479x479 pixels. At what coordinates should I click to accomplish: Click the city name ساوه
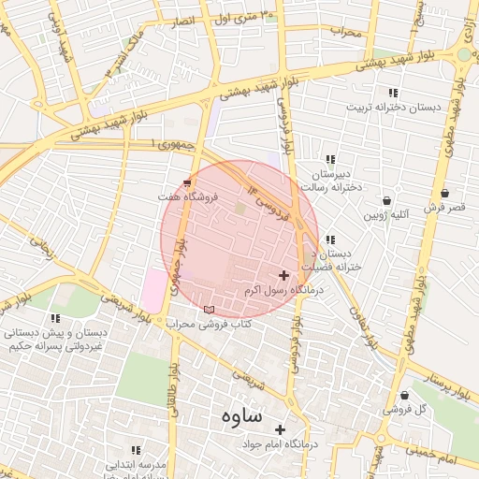(240, 415)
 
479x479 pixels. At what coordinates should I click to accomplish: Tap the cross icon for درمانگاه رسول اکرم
(283, 275)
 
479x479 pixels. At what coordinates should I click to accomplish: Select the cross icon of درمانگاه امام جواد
(280, 429)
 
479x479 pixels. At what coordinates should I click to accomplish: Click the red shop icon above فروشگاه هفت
(187, 181)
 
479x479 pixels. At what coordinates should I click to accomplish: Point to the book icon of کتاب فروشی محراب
(208, 310)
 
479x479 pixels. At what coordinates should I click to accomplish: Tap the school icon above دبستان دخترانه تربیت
(393, 92)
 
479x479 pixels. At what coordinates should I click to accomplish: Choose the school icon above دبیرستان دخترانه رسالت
(330, 159)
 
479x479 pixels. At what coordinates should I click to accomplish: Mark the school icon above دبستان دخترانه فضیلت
(329, 239)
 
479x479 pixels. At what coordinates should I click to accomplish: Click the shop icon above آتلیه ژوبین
(387, 201)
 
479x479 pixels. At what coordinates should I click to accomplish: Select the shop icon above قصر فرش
(444, 193)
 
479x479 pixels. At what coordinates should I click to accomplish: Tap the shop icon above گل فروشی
(403, 396)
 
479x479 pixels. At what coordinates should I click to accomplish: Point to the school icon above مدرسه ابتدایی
(136, 450)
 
